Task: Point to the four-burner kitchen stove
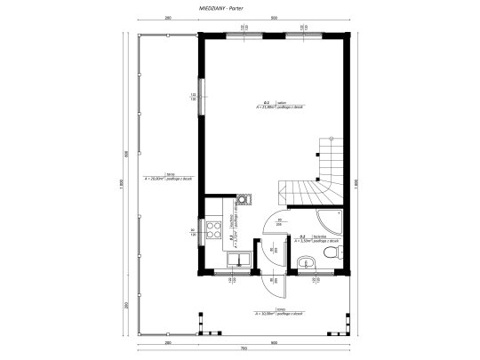pyautogui.click(x=214, y=230)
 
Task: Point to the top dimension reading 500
pyautogui.click(x=273, y=17)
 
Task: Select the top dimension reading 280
pyautogui.click(x=166, y=17)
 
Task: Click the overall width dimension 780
pyautogui.click(x=241, y=349)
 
